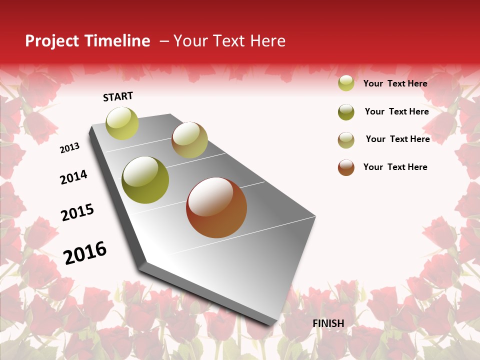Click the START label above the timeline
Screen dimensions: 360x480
point(118,96)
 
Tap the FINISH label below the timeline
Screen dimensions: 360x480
point(328,323)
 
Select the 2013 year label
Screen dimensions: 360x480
point(69,148)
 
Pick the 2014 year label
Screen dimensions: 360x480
point(73,177)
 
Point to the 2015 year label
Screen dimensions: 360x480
point(77,212)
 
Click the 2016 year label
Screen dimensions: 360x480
point(85,253)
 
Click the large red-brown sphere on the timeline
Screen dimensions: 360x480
point(216,207)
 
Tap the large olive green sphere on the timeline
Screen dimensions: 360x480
point(145,180)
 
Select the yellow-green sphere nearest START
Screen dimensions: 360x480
point(122,123)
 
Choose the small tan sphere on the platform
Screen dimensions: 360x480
point(189,140)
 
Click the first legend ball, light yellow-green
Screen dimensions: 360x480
point(346,83)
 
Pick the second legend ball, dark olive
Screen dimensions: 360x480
point(346,112)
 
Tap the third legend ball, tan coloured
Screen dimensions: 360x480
point(346,140)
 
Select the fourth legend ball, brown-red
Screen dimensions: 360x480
point(346,167)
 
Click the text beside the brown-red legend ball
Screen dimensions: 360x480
point(395,167)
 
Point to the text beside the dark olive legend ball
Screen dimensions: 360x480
point(396,111)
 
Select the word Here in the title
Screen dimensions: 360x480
point(267,41)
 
